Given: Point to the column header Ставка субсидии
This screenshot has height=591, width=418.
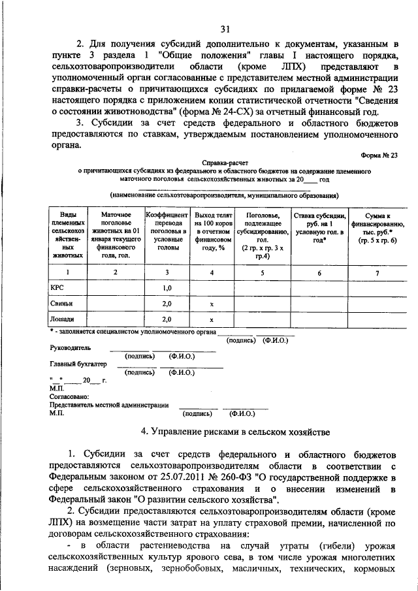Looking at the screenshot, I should pos(319,227).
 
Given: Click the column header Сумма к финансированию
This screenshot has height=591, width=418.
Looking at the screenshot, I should pos(377,227).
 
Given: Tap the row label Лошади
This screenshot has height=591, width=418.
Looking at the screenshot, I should pos(63,319).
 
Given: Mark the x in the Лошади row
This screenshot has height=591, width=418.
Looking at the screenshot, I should pos(212,319).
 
